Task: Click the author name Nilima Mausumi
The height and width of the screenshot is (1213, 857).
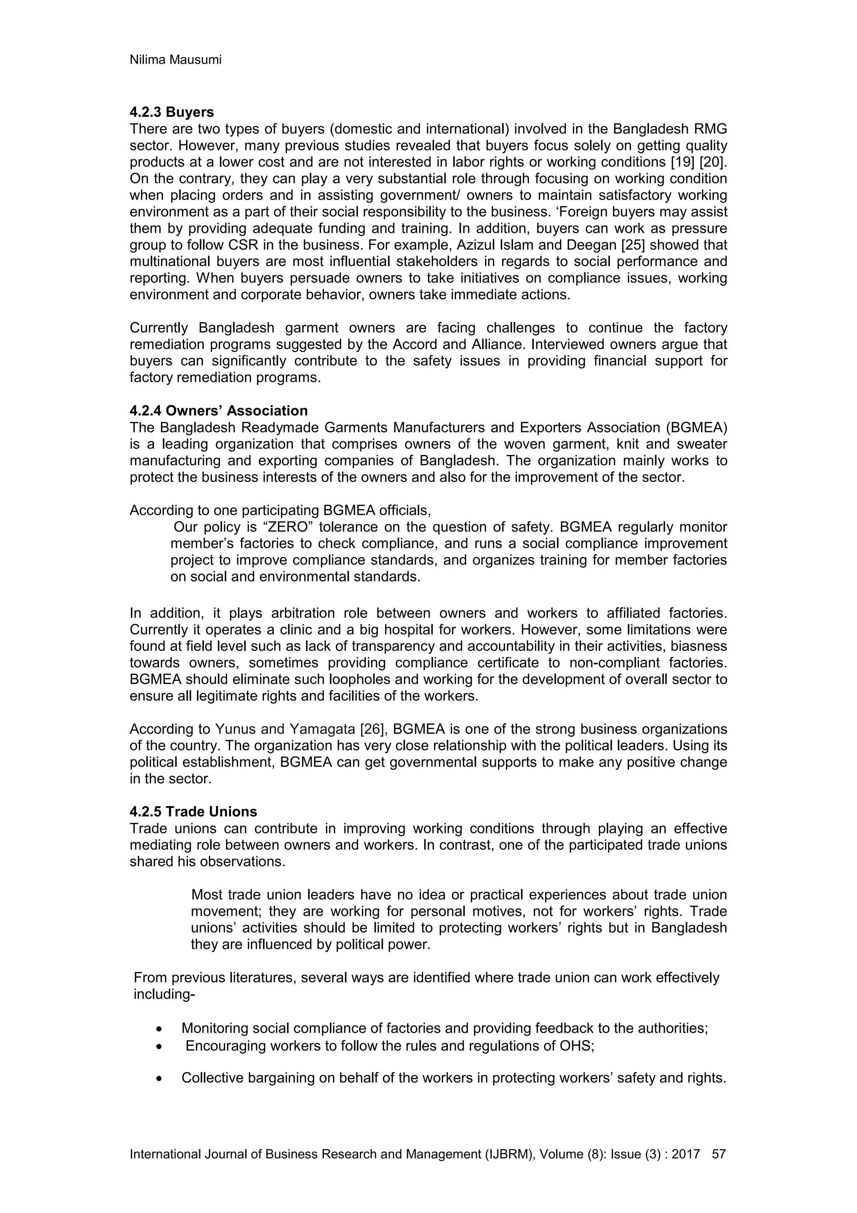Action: coord(175,60)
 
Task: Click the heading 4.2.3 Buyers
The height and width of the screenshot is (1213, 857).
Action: coord(172,112)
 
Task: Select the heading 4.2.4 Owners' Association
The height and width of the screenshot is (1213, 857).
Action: coord(218,411)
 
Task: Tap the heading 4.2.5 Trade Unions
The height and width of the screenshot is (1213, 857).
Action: coord(193,812)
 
